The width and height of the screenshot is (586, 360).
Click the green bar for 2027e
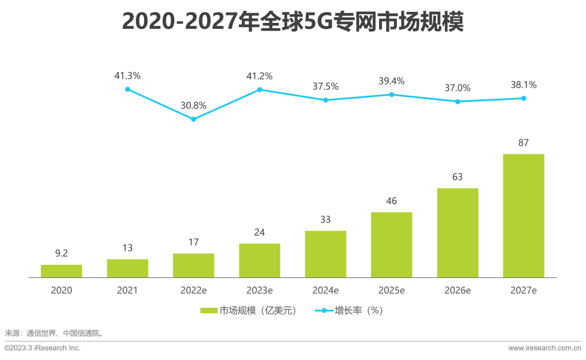coord(523,216)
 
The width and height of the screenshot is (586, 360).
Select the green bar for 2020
coord(61,271)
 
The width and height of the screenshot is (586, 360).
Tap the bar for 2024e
coord(326,254)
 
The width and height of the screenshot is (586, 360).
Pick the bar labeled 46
coord(391,245)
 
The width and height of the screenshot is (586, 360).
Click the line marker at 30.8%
coord(193,119)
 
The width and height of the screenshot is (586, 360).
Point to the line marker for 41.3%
coord(128,89)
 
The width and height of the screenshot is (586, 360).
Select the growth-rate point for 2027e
coord(523,98)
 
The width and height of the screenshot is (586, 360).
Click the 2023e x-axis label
coord(260,290)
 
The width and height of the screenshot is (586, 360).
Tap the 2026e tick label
coord(457,290)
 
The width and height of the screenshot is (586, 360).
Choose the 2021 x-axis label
coord(127,290)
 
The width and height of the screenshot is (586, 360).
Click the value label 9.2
coord(61,253)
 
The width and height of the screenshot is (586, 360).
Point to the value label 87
coord(523,143)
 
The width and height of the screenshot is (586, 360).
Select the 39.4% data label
coord(391,81)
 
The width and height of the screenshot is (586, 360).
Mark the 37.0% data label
coord(457,88)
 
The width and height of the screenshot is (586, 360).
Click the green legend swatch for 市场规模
coord(209,311)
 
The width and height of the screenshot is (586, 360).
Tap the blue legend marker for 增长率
coord(324,311)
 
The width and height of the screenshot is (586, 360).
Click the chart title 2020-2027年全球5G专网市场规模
coord(293,21)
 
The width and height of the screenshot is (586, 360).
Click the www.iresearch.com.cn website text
coord(544,348)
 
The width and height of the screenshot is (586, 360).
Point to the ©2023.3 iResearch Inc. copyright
coord(43,348)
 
